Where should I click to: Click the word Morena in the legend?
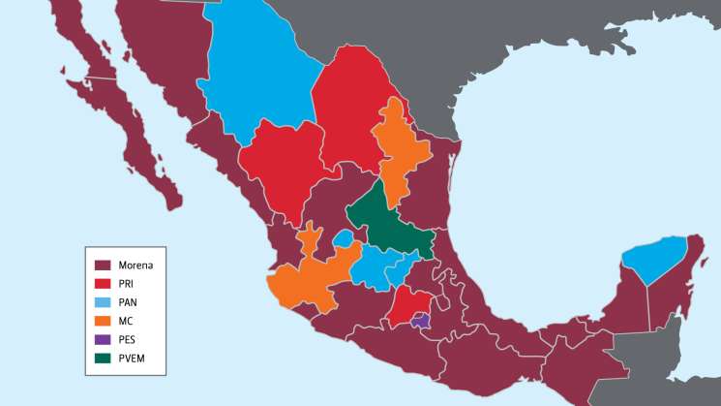pyautogui.click(x=135, y=265)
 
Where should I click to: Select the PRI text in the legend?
pyautogui.click(x=127, y=283)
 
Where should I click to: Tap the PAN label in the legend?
pyautogui.click(x=128, y=302)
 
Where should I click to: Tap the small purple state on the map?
pyautogui.click(x=420, y=321)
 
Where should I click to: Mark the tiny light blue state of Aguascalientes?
pyautogui.click(x=344, y=237)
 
